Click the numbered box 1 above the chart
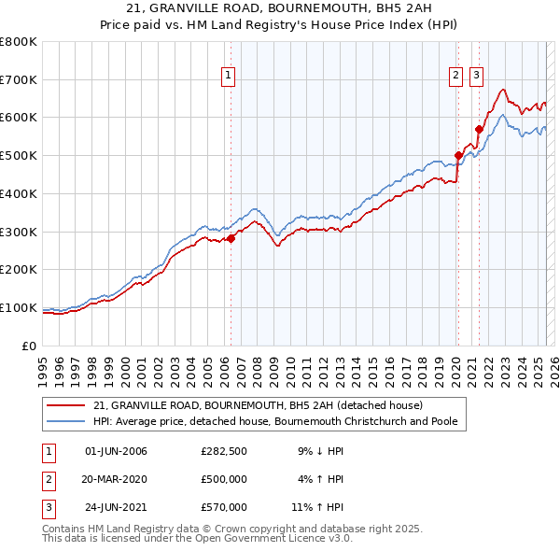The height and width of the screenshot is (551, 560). [228, 78]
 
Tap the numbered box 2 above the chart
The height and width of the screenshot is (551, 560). [455, 78]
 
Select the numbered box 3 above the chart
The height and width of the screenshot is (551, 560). [476, 78]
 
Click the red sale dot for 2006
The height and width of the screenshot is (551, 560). [231, 237]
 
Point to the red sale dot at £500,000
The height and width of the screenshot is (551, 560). [458, 155]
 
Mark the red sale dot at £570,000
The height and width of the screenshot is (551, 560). [479, 129]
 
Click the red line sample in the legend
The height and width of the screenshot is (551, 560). [66, 406]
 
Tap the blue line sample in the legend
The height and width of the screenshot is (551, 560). [66, 421]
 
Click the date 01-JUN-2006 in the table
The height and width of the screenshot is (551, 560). [116, 451]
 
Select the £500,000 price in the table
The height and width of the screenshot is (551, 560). [223, 479]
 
